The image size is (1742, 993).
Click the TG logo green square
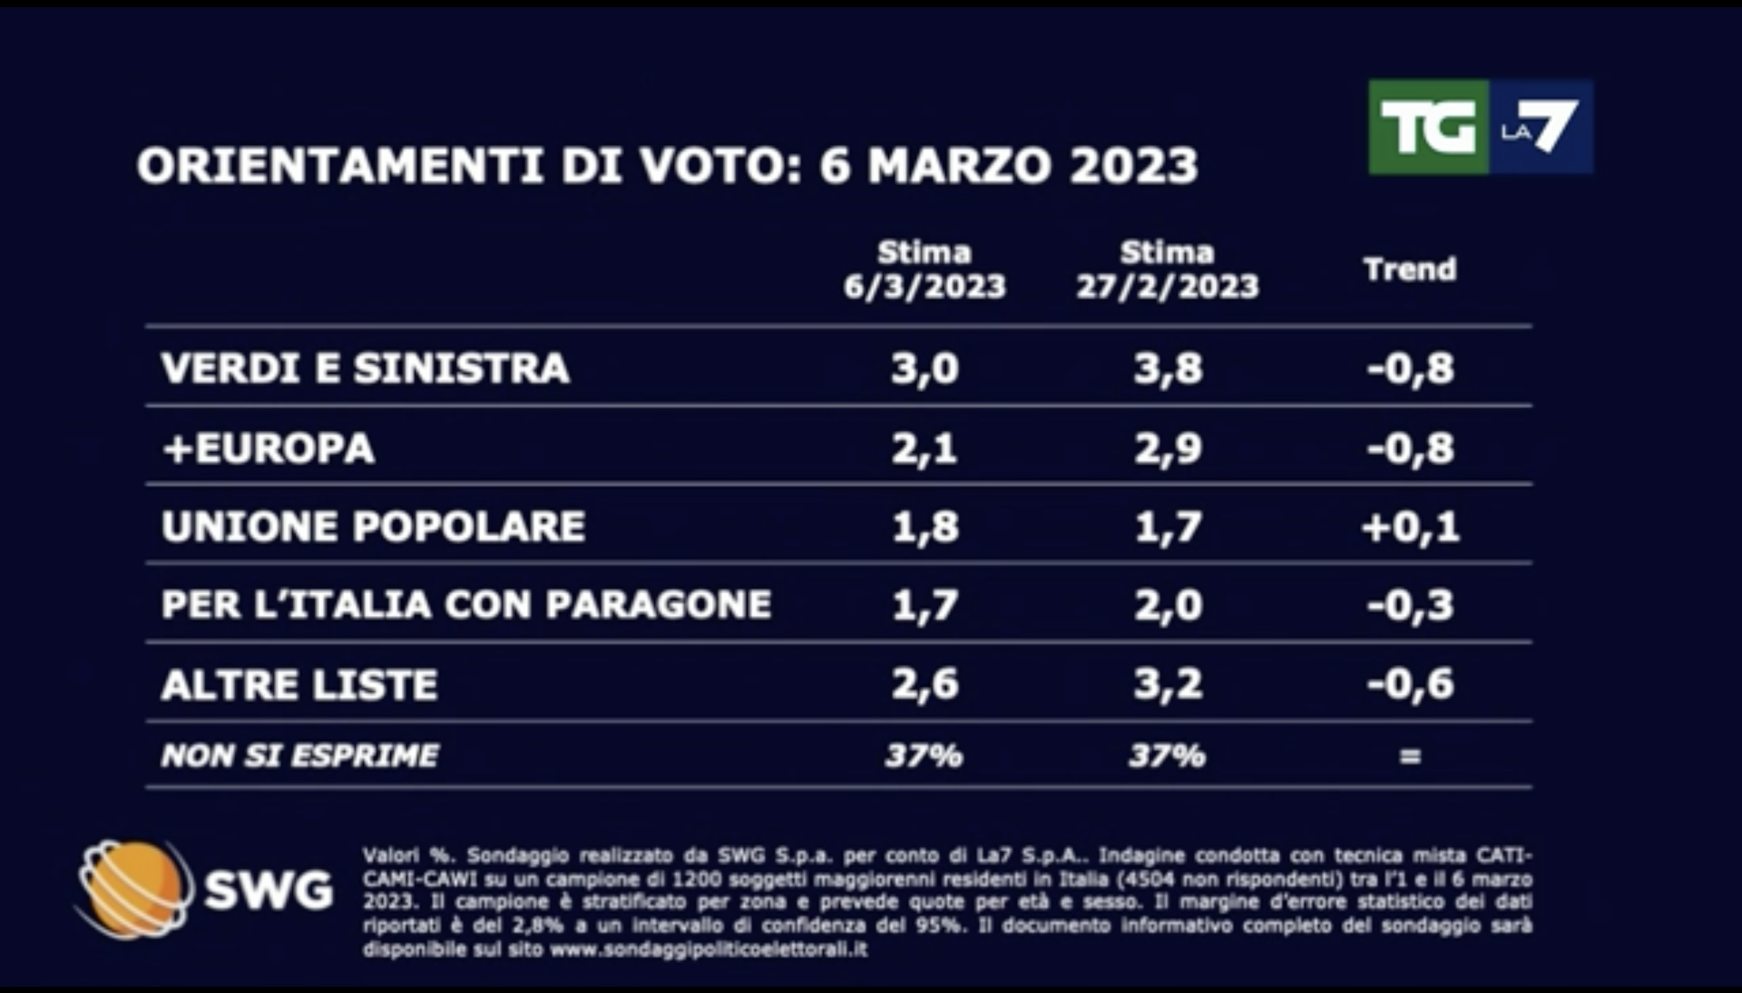1427,128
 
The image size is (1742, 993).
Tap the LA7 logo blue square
1541,128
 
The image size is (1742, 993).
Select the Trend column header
1410,269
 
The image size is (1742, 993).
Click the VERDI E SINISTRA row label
365,368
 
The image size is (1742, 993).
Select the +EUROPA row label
268,448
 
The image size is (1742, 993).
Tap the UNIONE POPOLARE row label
373,527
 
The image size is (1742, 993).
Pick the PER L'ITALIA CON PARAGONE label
466,605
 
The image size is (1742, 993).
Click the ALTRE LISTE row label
299,684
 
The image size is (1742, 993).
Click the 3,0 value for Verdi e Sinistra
924,368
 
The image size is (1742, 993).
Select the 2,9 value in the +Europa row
1167,448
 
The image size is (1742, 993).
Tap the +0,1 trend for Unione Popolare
1410,527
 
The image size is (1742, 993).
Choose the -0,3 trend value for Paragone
1410,605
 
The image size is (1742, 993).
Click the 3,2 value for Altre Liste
1167,684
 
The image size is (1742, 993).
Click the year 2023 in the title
1134,166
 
